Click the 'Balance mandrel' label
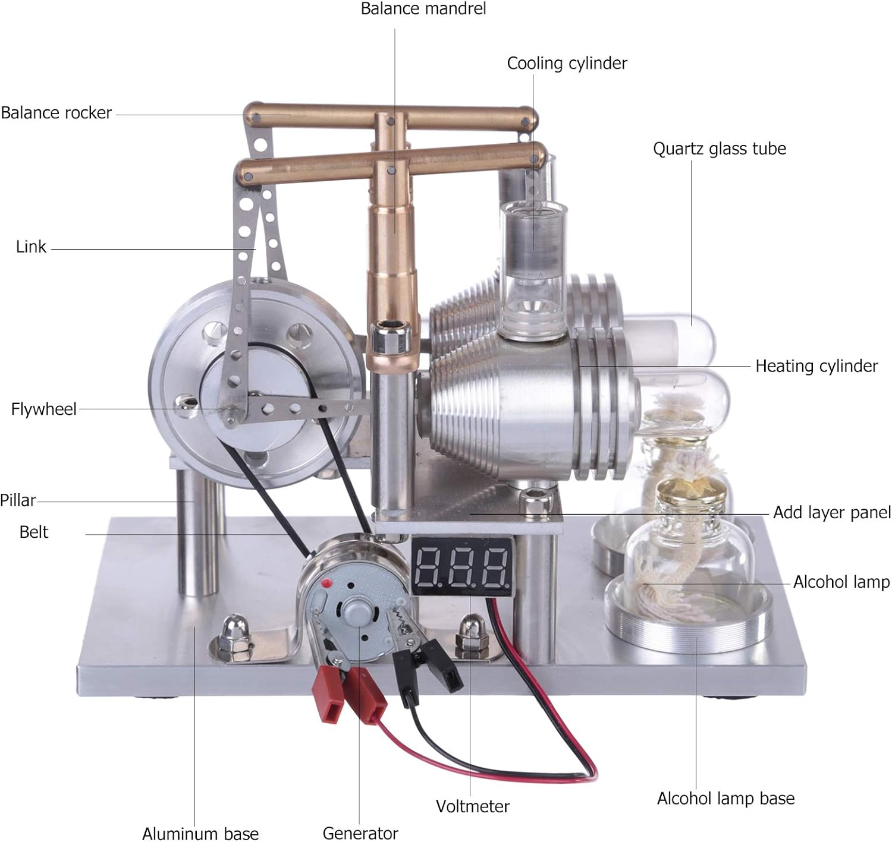[x=423, y=9]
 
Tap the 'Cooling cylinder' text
[x=567, y=63]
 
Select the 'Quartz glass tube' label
[x=719, y=149]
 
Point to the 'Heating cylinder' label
[x=816, y=366]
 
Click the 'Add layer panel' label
[x=831, y=512]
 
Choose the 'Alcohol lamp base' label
[x=725, y=798]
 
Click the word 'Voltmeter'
[x=472, y=806]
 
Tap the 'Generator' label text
[x=360, y=833]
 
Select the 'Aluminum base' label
[x=200, y=833]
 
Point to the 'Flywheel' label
[x=44, y=409]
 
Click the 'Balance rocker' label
[x=56, y=113]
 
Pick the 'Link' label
[x=31, y=247]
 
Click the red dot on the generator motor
[x=325, y=585]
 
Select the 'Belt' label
[x=34, y=532]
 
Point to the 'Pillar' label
[x=18, y=500]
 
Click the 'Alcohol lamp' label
[x=841, y=582]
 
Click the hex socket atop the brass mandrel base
[x=390, y=325]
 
